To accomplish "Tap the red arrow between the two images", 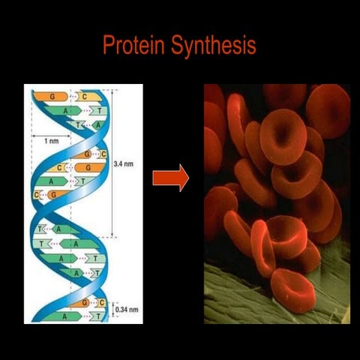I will point(170,178).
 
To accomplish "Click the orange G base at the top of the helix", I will point(52,97).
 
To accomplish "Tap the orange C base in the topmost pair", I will point(84,97).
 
